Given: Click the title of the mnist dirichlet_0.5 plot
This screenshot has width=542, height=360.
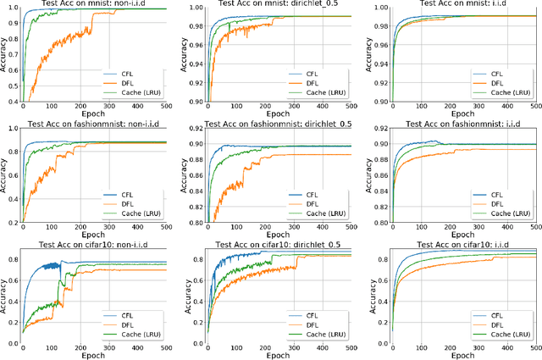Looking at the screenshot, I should click(279, 4).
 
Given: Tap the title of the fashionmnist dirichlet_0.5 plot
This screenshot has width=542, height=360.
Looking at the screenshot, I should click(279, 125).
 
